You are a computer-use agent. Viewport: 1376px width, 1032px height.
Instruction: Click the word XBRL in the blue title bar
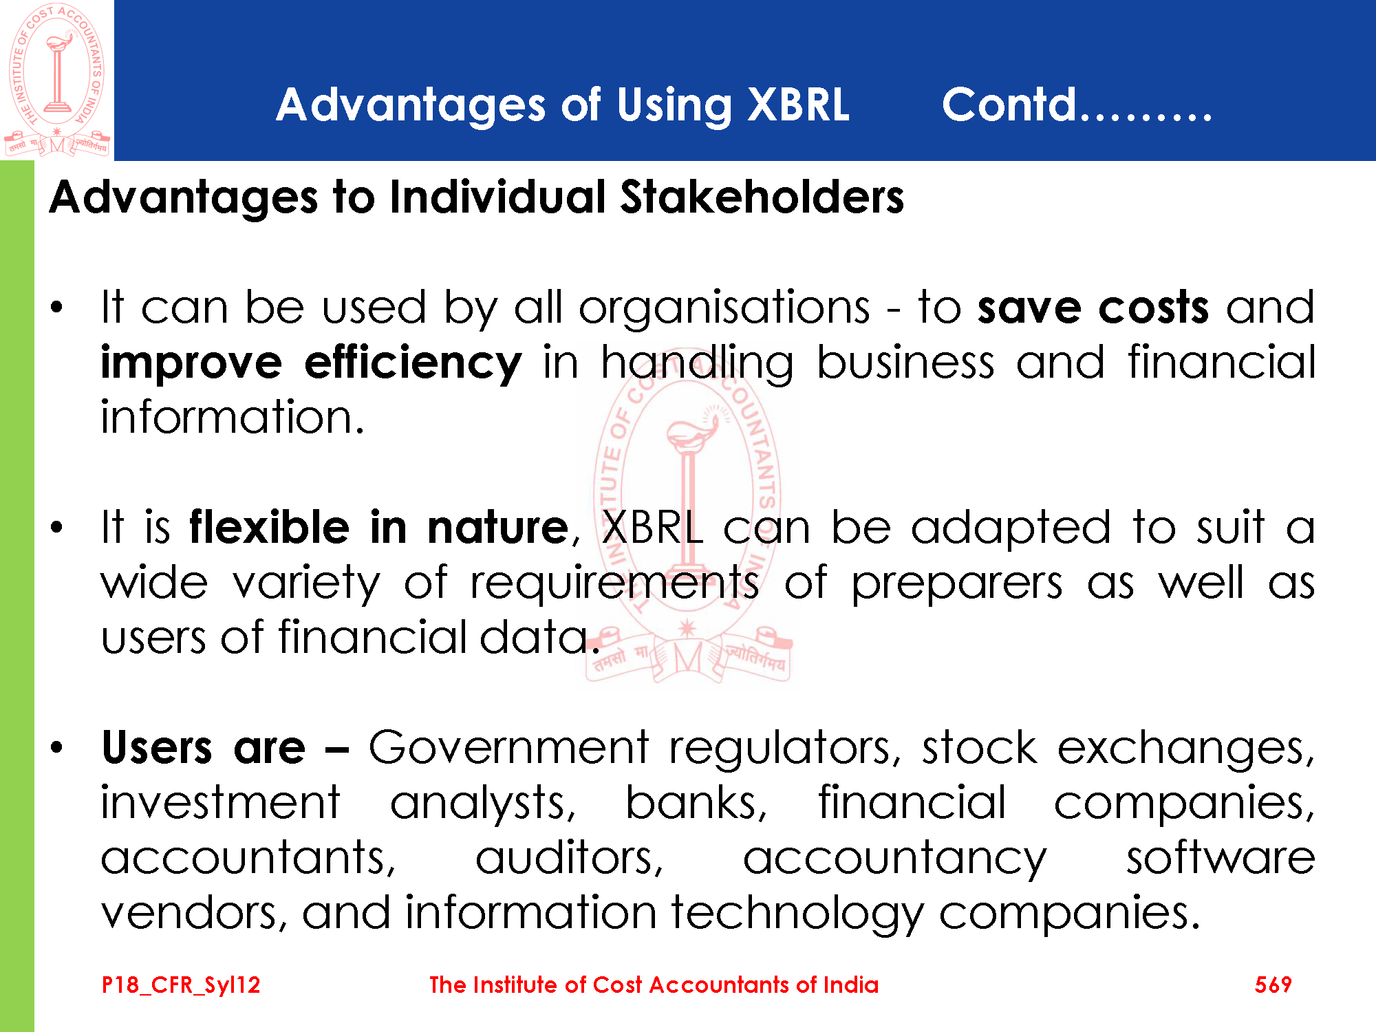(798, 105)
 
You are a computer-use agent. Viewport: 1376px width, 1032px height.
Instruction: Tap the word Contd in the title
(1009, 105)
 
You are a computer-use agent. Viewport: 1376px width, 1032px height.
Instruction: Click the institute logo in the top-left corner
(56, 80)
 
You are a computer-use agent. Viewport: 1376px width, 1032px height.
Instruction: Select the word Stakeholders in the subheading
(762, 197)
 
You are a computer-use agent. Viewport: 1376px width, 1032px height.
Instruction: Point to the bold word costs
(1154, 308)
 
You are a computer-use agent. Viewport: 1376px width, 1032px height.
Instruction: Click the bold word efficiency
(413, 363)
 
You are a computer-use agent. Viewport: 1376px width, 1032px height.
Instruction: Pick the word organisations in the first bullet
(724, 308)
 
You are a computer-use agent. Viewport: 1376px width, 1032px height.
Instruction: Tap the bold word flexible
(269, 528)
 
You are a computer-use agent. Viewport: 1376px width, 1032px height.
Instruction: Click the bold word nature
(498, 529)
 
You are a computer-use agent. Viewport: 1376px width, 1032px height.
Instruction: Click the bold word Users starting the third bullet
(157, 748)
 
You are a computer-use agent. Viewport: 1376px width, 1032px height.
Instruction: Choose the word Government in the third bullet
(508, 748)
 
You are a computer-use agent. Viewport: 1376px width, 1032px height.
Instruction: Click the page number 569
(1273, 985)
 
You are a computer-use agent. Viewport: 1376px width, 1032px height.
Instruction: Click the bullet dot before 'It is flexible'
(57, 528)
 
